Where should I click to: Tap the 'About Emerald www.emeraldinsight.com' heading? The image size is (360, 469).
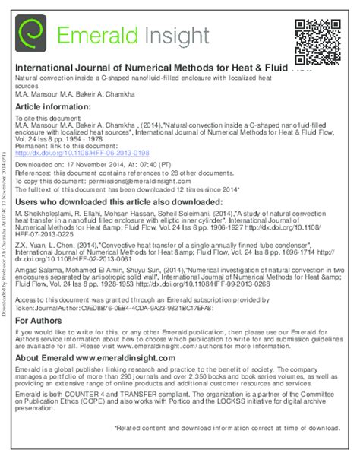pos(96,357)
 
